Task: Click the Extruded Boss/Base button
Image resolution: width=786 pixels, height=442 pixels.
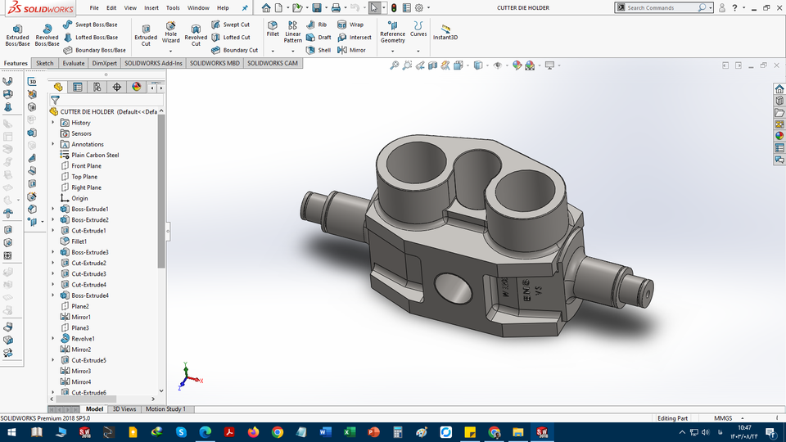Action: (x=17, y=34)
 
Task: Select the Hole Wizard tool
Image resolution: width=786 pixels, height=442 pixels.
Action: (x=170, y=34)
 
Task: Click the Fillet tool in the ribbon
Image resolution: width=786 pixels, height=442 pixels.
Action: (x=273, y=29)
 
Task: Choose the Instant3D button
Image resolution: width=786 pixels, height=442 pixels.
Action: (x=445, y=32)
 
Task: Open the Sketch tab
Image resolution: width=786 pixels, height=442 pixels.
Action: (x=44, y=63)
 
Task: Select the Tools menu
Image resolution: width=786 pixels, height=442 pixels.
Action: (x=173, y=7)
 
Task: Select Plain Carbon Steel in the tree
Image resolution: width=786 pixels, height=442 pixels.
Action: (x=95, y=155)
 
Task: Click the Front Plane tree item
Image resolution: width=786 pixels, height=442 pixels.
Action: (x=86, y=165)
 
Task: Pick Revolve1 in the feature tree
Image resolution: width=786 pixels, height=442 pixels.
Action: (x=83, y=338)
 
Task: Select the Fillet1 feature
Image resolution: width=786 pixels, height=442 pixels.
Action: (x=79, y=241)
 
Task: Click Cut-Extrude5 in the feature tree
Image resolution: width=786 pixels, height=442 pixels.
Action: (x=88, y=360)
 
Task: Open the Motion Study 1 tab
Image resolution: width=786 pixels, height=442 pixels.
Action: (x=165, y=408)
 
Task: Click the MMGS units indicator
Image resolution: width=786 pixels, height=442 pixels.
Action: (x=723, y=418)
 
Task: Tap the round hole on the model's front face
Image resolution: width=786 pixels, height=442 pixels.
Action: (x=452, y=289)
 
